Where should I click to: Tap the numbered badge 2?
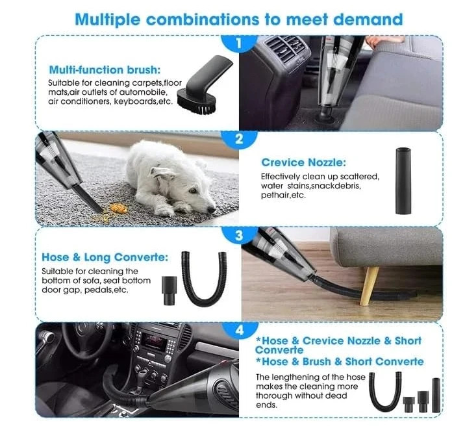[239, 139]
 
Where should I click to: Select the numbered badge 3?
[239, 235]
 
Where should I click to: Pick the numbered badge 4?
[240, 330]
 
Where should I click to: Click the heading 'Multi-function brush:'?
[105, 70]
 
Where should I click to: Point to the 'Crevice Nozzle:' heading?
[303, 162]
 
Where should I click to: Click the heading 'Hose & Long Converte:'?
[105, 257]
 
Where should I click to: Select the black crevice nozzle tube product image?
[403, 181]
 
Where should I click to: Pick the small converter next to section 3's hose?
[170, 290]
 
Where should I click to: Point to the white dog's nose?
[212, 210]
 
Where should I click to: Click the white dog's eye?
[194, 190]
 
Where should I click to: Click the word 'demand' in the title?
[368, 19]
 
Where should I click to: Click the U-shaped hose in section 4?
[385, 392]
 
